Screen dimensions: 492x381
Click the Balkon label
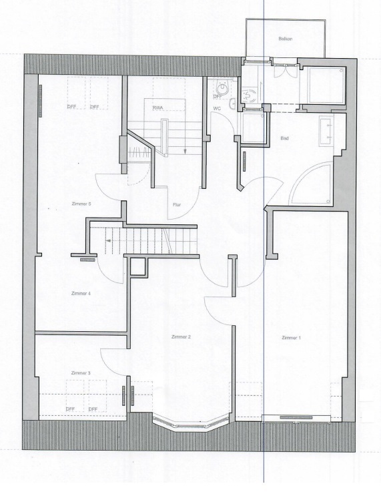[286, 39]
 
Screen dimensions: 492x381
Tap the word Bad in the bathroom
[284, 138]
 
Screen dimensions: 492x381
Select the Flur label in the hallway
[177, 205]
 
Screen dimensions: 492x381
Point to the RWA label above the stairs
[157, 107]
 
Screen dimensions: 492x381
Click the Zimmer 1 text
[292, 338]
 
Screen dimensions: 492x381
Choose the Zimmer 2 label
[181, 337]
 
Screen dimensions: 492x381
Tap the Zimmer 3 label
[80, 373]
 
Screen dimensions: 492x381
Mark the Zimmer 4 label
[80, 293]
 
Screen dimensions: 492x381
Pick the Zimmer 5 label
[80, 204]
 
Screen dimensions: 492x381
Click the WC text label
[217, 107]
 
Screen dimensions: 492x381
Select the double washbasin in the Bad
[326, 130]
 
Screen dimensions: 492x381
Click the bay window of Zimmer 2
[186, 423]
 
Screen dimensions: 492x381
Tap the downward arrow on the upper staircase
[182, 151]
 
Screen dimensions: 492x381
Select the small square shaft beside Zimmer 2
[139, 267]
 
